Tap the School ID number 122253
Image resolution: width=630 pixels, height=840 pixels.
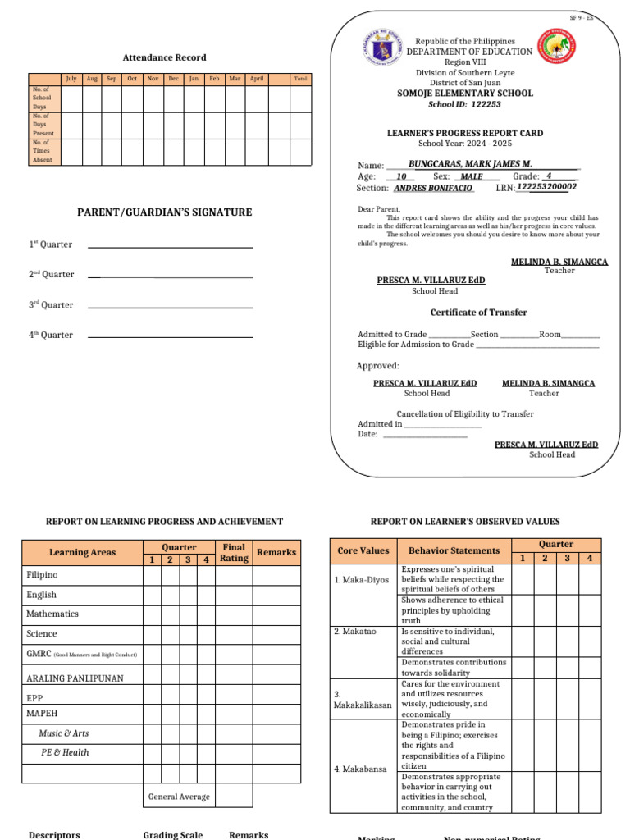[x=486, y=104]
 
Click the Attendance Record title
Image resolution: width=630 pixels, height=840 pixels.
[x=164, y=57]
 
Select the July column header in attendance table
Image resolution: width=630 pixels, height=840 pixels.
[x=71, y=79]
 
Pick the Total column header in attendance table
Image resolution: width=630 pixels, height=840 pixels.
[x=300, y=79]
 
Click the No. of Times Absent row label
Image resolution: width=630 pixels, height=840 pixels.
[x=42, y=152]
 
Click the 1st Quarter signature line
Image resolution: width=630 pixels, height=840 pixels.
[x=170, y=246]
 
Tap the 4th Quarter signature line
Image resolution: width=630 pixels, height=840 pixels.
[x=170, y=336]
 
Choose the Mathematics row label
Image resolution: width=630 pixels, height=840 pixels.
[x=52, y=614]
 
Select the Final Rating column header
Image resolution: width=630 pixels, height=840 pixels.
[x=234, y=552]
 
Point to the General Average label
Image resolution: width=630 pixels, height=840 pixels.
[x=179, y=797]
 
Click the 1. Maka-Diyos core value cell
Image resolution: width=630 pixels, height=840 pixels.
[x=354, y=580]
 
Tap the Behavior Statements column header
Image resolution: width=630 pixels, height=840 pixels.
[x=454, y=550]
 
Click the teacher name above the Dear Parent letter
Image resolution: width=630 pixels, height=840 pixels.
[x=559, y=262]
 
